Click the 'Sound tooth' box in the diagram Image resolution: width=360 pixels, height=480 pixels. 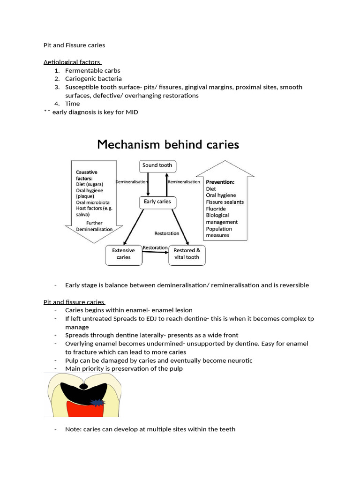(157, 165)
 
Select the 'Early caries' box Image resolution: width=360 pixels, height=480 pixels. (157, 202)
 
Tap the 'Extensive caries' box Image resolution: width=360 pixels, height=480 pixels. (123, 254)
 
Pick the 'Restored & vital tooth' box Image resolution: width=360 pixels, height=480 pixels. (187, 254)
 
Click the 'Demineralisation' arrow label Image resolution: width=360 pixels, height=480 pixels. (132, 182)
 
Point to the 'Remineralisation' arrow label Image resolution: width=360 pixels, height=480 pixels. (184, 182)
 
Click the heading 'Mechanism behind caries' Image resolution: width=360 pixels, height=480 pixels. (168, 144)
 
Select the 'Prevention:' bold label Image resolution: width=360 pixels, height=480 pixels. (220, 182)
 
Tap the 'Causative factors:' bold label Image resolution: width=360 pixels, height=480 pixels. (87, 175)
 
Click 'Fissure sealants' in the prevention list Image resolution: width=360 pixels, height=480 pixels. (225, 202)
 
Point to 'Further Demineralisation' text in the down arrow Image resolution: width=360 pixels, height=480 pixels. (94, 226)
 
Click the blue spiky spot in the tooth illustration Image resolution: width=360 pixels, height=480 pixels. (98, 402)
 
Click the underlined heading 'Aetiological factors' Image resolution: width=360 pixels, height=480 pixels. (72, 62)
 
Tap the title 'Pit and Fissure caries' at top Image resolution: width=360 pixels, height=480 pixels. (74, 45)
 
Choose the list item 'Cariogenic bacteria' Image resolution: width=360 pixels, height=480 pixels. (93, 79)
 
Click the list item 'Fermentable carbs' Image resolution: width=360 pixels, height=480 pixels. (92, 70)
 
